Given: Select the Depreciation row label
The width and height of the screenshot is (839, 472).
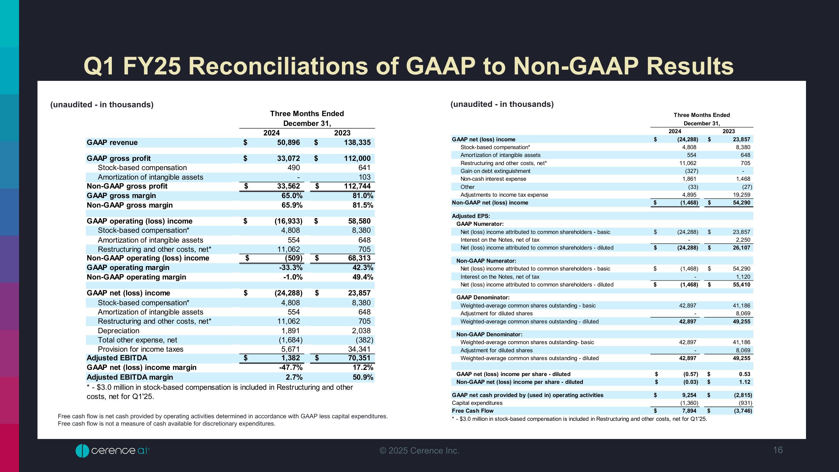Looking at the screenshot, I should (118, 331).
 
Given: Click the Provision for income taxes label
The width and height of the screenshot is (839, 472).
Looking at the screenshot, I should (140, 349).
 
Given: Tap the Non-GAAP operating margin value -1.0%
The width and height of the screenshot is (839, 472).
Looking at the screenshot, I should (293, 277).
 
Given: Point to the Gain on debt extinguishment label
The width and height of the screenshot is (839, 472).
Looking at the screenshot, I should (495, 171).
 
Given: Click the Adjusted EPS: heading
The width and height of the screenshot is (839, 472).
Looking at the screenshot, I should (471, 216).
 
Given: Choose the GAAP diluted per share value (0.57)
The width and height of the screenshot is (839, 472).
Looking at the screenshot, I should (690, 374).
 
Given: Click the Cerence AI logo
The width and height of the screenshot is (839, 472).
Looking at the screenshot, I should (112, 450).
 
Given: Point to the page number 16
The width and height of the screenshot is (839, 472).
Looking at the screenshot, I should (777, 450).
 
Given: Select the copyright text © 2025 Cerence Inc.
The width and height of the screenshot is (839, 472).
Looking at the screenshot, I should (419, 450).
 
